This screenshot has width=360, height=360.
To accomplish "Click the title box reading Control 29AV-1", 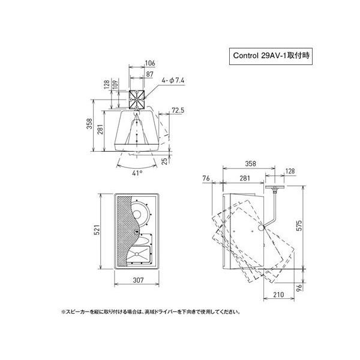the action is point(271,56).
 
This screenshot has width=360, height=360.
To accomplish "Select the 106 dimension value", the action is point(150,63).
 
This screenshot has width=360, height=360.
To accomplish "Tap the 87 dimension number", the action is point(149,74).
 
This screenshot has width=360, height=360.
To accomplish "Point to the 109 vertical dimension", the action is point(115,85).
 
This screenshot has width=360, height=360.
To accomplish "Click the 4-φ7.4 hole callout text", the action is point(173,80).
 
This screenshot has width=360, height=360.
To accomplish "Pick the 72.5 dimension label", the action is point(178,110).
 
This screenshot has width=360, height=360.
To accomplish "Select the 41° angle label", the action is point(137,173).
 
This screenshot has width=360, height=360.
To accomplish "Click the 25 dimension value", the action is point(165,161).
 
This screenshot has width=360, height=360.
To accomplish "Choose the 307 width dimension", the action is point(138,280).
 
